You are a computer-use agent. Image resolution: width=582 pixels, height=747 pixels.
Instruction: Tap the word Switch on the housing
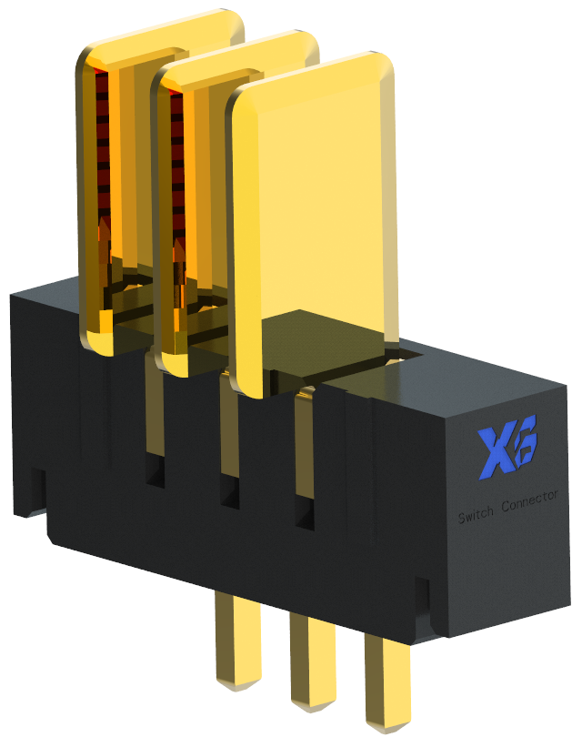(476, 516)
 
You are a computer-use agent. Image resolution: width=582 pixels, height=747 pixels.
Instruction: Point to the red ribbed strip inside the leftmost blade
(102, 164)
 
